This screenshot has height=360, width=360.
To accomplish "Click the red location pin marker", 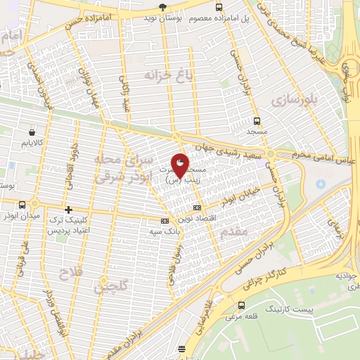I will pyautogui.click(x=180, y=167).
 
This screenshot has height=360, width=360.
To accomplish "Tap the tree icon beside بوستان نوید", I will pyautogui.click(x=163, y=7).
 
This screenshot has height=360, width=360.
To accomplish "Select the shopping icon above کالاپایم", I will pyautogui.click(x=32, y=131).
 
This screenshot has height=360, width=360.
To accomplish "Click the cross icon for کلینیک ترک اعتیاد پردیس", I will pyautogui.click(x=68, y=210).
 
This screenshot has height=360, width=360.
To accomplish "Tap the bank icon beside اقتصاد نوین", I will pyautogui.click(x=196, y=207).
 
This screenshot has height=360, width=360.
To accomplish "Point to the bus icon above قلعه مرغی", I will pyautogui.click(x=242, y=305).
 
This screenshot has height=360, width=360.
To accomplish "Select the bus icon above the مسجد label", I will pyautogui.click(x=256, y=121).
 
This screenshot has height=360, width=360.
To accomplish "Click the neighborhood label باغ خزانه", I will pyautogui.click(x=167, y=75).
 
